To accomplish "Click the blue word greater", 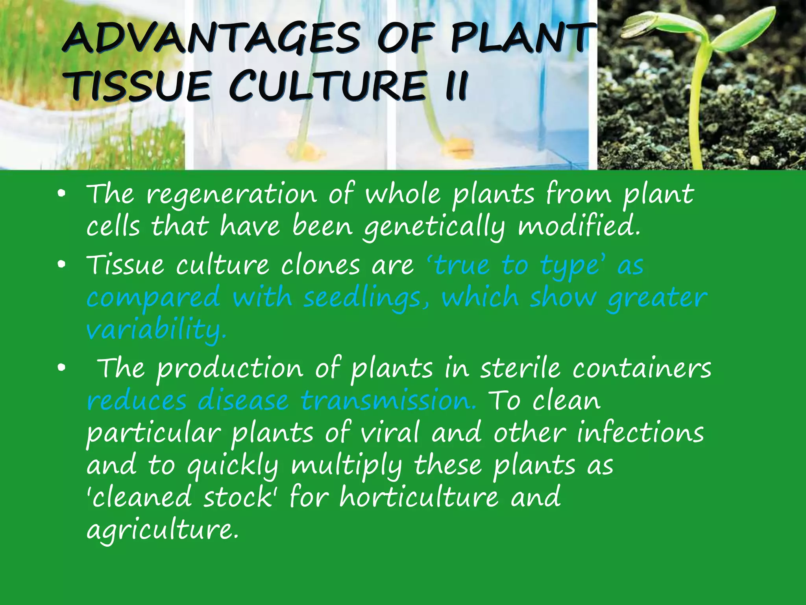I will tap(657, 298).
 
